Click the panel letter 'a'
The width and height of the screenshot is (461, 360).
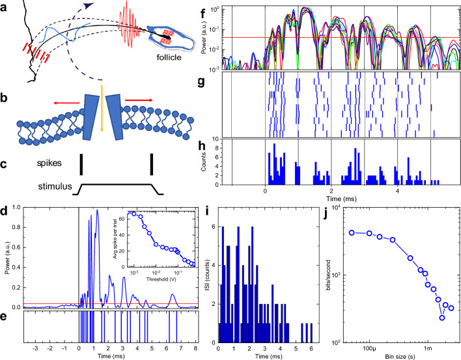6,7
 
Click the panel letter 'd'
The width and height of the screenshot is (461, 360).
5,210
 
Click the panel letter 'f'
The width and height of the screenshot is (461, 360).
222,7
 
